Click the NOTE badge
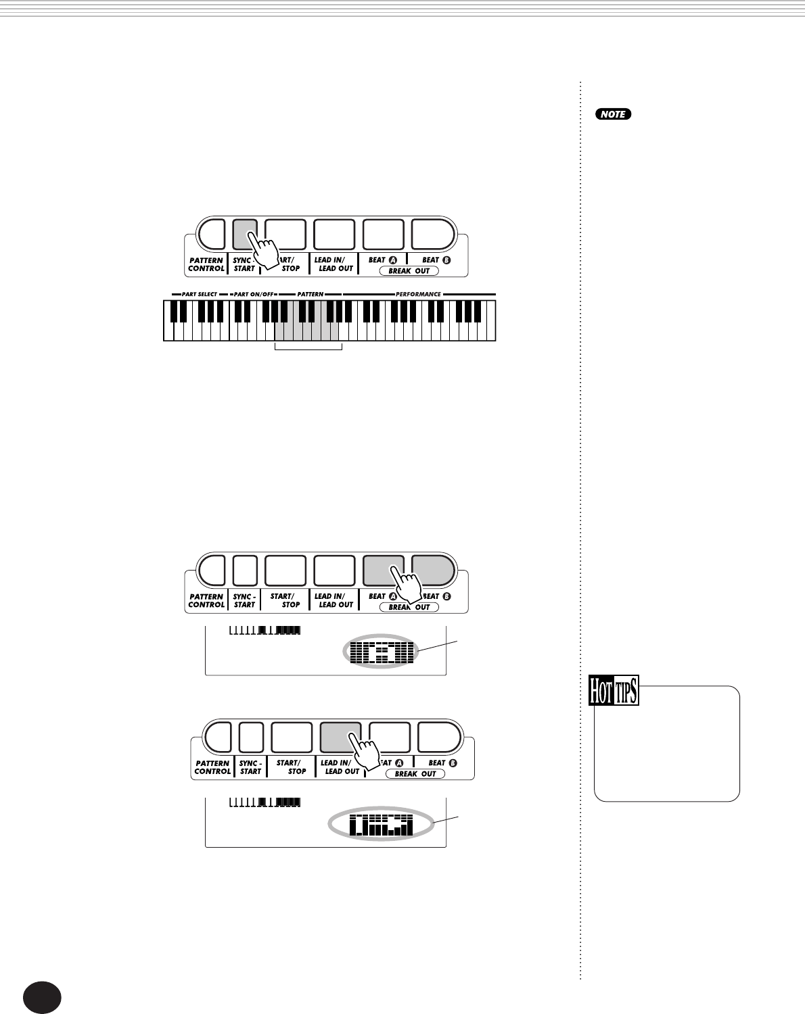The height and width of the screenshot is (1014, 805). (614, 114)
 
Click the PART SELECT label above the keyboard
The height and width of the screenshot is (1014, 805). (199, 294)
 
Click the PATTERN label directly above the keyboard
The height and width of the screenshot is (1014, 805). (310, 294)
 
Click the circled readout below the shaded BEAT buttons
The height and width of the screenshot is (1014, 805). (382, 653)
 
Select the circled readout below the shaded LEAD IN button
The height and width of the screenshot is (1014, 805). (380, 825)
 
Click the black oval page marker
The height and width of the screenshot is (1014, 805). (42, 998)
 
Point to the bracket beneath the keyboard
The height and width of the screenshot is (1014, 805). (308, 348)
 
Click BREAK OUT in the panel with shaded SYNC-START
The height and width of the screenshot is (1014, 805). (409, 271)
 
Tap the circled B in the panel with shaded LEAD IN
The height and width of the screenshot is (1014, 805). (453, 763)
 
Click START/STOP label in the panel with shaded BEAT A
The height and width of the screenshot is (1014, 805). (285, 600)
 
